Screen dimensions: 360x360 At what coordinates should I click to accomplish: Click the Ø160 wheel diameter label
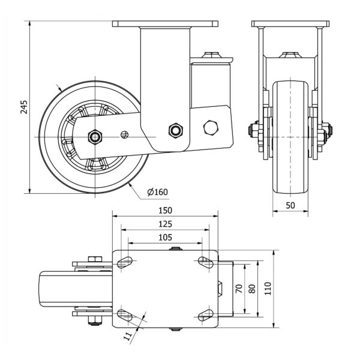click(157, 192)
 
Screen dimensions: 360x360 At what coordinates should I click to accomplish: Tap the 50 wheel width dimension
click(290, 206)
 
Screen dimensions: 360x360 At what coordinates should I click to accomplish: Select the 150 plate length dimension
click(165, 211)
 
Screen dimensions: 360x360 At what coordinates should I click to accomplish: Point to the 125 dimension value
click(165, 223)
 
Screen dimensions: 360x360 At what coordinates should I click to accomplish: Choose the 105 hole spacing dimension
click(165, 237)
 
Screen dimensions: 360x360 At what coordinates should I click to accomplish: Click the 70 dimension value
click(239, 288)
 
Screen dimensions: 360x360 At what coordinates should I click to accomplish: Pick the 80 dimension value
click(252, 288)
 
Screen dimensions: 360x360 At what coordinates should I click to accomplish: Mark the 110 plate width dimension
click(268, 288)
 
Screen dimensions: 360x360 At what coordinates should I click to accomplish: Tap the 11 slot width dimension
click(128, 337)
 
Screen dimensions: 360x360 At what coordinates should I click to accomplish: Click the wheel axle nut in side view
click(95, 137)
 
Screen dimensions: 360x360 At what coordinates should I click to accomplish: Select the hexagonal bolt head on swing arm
click(210, 128)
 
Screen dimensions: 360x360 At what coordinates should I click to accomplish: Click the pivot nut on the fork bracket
click(175, 130)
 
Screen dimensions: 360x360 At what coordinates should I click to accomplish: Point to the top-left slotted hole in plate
click(126, 262)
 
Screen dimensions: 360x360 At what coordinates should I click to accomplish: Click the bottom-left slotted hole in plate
click(126, 315)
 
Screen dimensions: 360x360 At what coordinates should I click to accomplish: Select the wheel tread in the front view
click(290, 138)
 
